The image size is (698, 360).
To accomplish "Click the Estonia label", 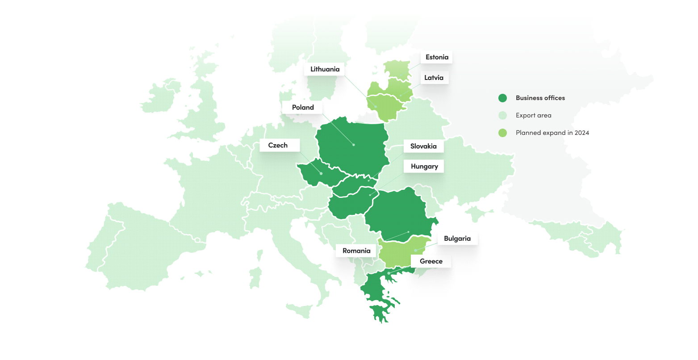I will tap(437, 57).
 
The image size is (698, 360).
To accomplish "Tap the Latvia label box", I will tap(434, 78).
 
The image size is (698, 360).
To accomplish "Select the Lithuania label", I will tap(325, 69).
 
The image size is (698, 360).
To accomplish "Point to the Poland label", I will tap(303, 107).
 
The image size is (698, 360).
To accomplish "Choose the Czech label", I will tap(278, 145).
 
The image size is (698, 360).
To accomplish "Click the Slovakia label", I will tap(423, 146).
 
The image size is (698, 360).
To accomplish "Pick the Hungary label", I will tap(424, 166).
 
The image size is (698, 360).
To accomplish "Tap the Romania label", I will tap(356, 251).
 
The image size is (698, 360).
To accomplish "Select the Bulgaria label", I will tap(457, 239).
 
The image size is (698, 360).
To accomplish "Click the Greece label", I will tap(431, 261).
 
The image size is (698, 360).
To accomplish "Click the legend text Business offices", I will tap(540, 98).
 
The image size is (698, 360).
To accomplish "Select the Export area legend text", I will tap(533, 115).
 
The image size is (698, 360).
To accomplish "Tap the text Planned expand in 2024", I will tap(552, 133).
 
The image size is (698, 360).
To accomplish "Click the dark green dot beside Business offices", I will tap(503, 98).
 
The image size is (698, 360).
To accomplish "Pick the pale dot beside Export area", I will tap(503, 115).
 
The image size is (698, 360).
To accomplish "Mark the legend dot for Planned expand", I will tap(503, 133).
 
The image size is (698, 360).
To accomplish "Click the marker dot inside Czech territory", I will tap(321, 173).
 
